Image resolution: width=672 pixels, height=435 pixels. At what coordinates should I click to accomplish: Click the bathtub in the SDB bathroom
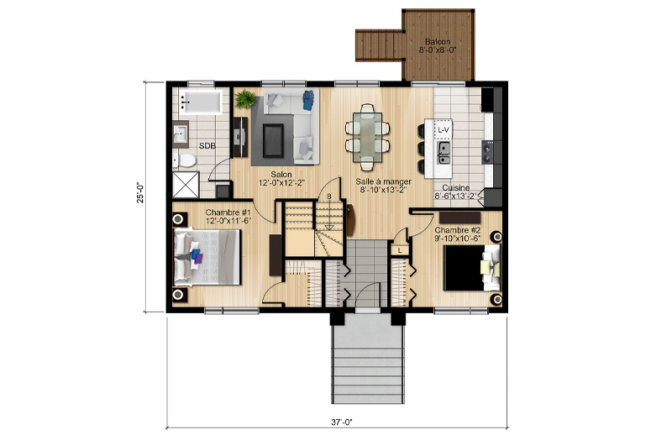pyautogui.click(x=201, y=102)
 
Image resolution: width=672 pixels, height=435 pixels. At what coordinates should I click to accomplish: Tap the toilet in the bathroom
pyautogui.click(x=185, y=160)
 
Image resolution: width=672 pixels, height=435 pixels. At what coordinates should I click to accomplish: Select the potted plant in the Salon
pyautogui.click(x=245, y=99)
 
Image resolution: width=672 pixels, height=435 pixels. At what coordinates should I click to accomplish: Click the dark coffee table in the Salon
pyautogui.click(x=273, y=140)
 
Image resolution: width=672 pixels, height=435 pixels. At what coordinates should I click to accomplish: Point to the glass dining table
pyautogui.click(x=368, y=137)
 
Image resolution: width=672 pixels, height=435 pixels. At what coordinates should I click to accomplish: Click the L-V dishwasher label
pyautogui.click(x=444, y=129)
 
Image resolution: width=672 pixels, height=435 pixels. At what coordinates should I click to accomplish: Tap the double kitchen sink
pyautogui.click(x=444, y=154)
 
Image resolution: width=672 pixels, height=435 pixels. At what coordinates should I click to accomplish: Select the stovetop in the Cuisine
pyautogui.click(x=488, y=152)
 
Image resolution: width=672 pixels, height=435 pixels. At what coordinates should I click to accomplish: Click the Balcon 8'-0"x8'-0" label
pyautogui.click(x=438, y=45)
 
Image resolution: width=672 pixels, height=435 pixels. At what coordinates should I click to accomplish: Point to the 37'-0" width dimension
pyautogui.click(x=342, y=422)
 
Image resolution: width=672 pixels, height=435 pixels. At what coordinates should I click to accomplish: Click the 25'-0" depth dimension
pyautogui.click(x=140, y=192)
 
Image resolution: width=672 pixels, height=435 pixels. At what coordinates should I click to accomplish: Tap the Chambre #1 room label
pyautogui.click(x=228, y=217)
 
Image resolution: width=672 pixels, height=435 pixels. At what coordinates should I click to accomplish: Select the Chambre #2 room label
pyautogui.click(x=457, y=234)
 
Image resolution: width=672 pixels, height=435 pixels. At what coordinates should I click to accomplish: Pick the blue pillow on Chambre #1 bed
pyautogui.click(x=196, y=254)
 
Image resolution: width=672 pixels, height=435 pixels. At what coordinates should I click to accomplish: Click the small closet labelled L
pyautogui.click(x=400, y=250)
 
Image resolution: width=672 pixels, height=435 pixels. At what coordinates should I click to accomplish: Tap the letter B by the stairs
pyautogui.click(x=329, y=197)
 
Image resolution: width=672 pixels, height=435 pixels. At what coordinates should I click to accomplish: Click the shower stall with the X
pyautogui.click(x=186, y=185)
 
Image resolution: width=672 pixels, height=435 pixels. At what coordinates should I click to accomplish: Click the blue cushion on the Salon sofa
pyautogui.click(x=308, y=101)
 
